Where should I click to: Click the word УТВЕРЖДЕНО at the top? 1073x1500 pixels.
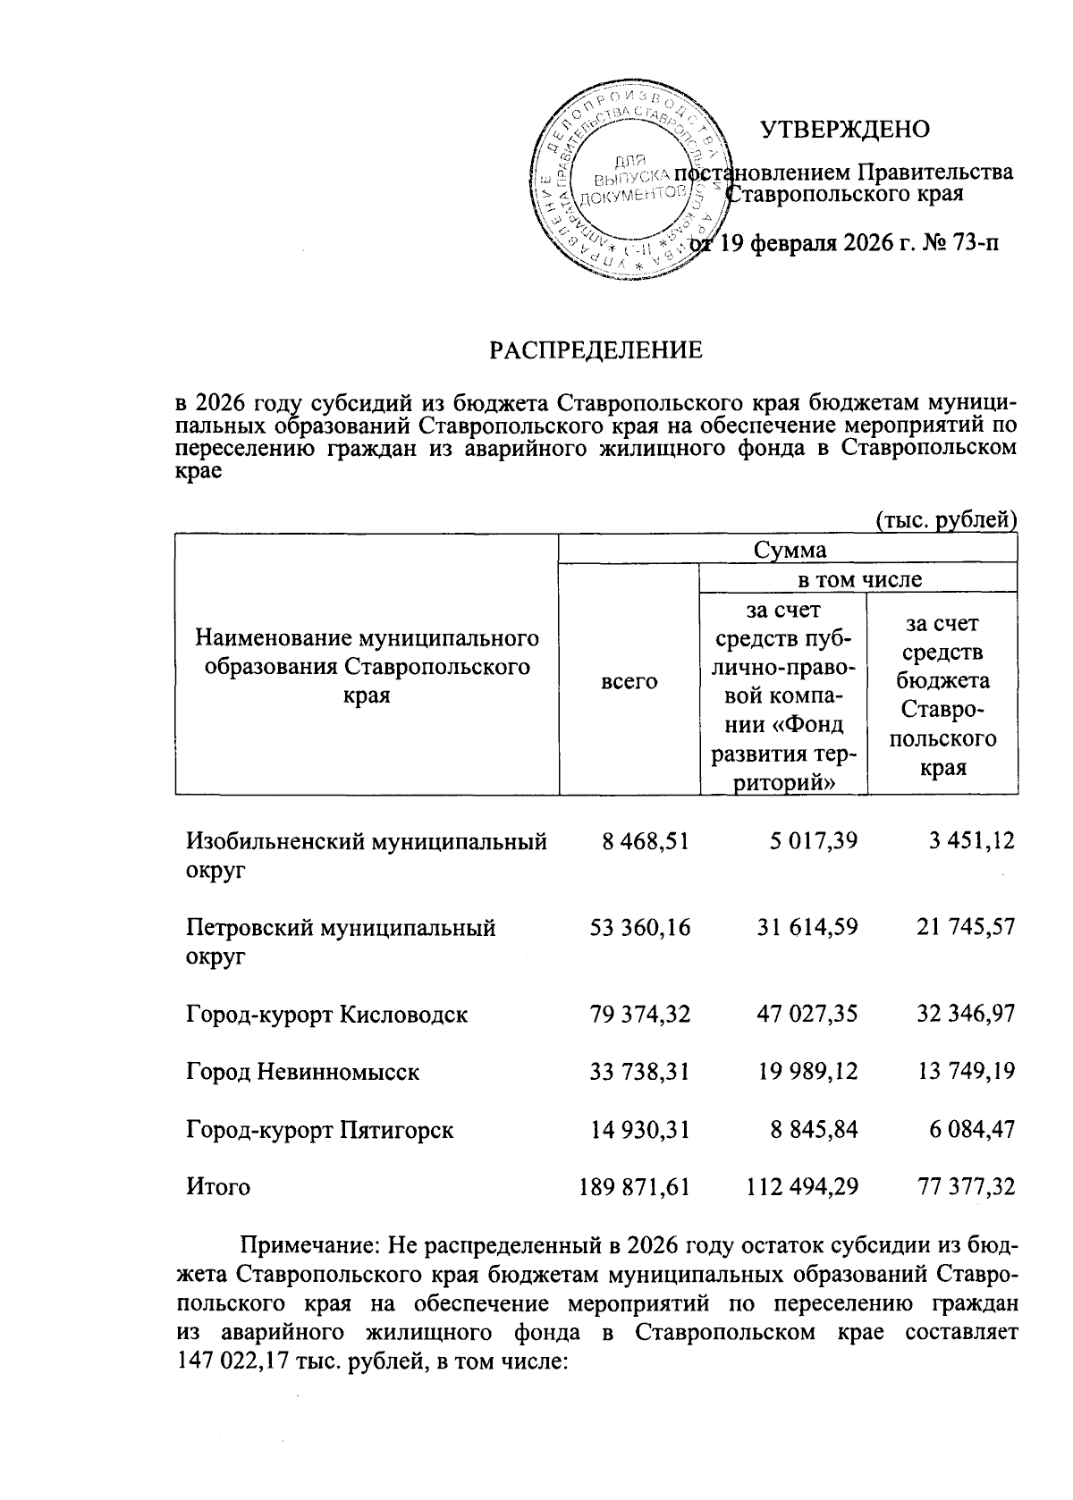pyautogui.click(x=844, y=130)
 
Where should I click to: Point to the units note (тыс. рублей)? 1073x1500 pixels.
pyautogui.click(x=945, y=519)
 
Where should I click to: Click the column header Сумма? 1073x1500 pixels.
pyautogui.click(x=789, y=549)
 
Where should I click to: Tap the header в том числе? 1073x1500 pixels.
pyautogui.click(x=858, y=579)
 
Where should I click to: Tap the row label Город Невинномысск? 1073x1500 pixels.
pyautogui.click(x=302, y=1072)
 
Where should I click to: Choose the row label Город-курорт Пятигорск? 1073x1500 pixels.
pyautogui.click(x=319, y=1130)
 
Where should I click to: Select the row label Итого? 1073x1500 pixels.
pyautogui.click(x=218, y=1187)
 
